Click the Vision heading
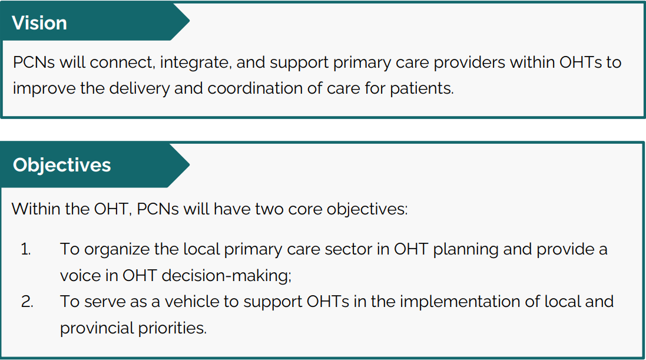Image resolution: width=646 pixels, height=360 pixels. pos(39,23)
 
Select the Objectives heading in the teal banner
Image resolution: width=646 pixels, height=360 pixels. pos(62,166)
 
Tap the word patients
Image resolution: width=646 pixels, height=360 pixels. pos(422,89)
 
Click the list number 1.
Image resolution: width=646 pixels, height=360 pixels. pos(25,249)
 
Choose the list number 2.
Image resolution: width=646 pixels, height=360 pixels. pos(27,302)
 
